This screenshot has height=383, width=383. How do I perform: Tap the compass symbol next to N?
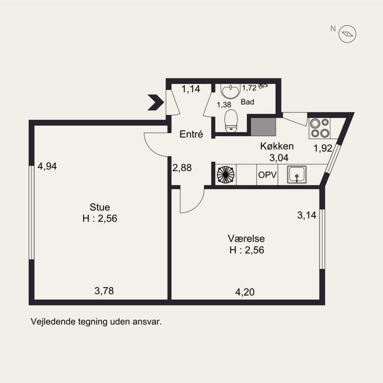click(347, 34)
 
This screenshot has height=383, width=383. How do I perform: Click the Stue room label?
click(100, 207)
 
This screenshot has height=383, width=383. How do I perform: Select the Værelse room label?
click(246, 238)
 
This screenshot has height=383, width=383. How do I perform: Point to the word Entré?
click(191, 134)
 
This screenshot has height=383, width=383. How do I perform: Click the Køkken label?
click(277, 146)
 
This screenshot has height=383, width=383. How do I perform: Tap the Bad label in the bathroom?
click(247, 102)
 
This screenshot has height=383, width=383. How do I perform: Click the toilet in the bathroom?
click(231, 121)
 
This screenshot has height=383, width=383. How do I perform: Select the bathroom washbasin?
click(230, 91)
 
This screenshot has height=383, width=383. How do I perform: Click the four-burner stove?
click(320, 128)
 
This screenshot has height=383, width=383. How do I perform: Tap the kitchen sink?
click(297, 175)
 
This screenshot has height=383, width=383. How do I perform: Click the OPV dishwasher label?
click(268, 175)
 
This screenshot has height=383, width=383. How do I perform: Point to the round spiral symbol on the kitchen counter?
click(225, 175)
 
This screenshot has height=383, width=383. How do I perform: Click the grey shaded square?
click(263, 127)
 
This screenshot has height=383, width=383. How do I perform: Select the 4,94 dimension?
click(47, 166)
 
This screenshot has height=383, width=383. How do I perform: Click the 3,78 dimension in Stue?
click(104, 291)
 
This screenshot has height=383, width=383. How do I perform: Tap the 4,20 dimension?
click(245, 292)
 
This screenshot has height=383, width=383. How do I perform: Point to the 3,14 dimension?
click(307, 215)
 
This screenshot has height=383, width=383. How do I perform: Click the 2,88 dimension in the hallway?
click(182, 168)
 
